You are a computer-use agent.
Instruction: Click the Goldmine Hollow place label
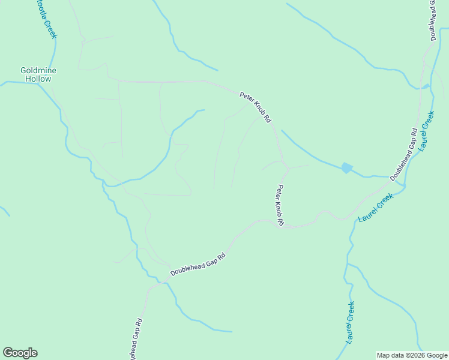[38, 74]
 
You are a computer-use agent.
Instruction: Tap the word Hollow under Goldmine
[38, 79]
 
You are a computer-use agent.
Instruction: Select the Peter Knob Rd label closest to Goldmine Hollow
[256, 104]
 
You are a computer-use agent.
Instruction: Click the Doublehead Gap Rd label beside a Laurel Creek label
[404, 154]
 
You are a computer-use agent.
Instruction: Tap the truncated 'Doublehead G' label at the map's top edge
[432, 21]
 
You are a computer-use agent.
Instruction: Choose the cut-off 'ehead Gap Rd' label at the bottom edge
[136, 339]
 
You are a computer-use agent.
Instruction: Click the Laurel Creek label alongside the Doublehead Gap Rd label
[426, 131]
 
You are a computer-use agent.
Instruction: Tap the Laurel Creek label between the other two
[376, 208]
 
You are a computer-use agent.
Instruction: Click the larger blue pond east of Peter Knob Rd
[347, 168]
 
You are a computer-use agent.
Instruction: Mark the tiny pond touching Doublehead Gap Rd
[426, 86]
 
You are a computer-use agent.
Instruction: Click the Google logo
[20, 353]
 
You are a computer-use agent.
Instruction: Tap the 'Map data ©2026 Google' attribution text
[412, 355]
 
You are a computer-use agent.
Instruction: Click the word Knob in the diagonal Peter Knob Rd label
[256, 105]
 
